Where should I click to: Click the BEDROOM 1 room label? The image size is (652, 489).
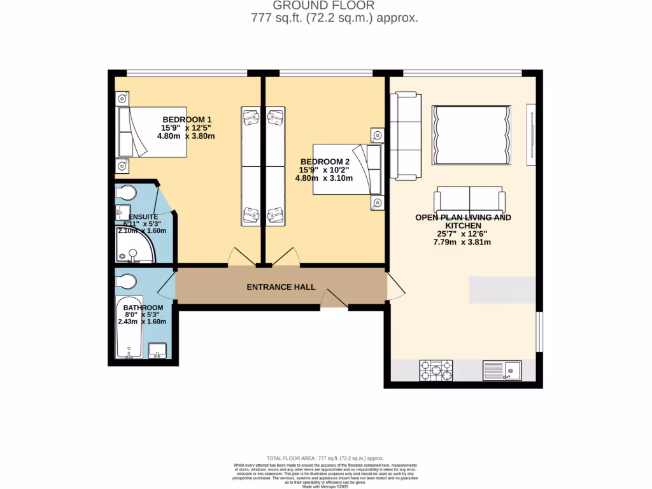pyautogui.click(x=187, y=120)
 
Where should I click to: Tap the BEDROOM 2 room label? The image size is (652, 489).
pyautogui.click(x=325, y=162)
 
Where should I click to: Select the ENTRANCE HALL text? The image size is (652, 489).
pyautogui.click(x=281, y=287)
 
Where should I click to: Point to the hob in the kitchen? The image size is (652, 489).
pyautogui.click(x=436, y=371)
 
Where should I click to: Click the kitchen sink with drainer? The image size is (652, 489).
pyautogui.click(x=502, y=371)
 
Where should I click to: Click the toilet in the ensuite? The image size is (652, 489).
pyautogui.click(x=125, y=193)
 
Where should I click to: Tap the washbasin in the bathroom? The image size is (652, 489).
pyautogui.click(x=157, y=351)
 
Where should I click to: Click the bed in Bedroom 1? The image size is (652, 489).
pyautogui.click(x=152, y=132)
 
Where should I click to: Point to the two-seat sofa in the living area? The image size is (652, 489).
pyautogui.click(x=469, y=201)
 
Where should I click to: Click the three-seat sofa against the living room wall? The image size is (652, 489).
pyautogui.click(x=405, y=136)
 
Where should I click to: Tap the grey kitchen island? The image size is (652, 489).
pyautogui.click(x=502, y=290)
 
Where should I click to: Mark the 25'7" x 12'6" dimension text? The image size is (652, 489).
pyautogui.click(x=462, y=234)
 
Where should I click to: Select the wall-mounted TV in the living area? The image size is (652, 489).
pyautogui.click(x=531, y=132)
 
